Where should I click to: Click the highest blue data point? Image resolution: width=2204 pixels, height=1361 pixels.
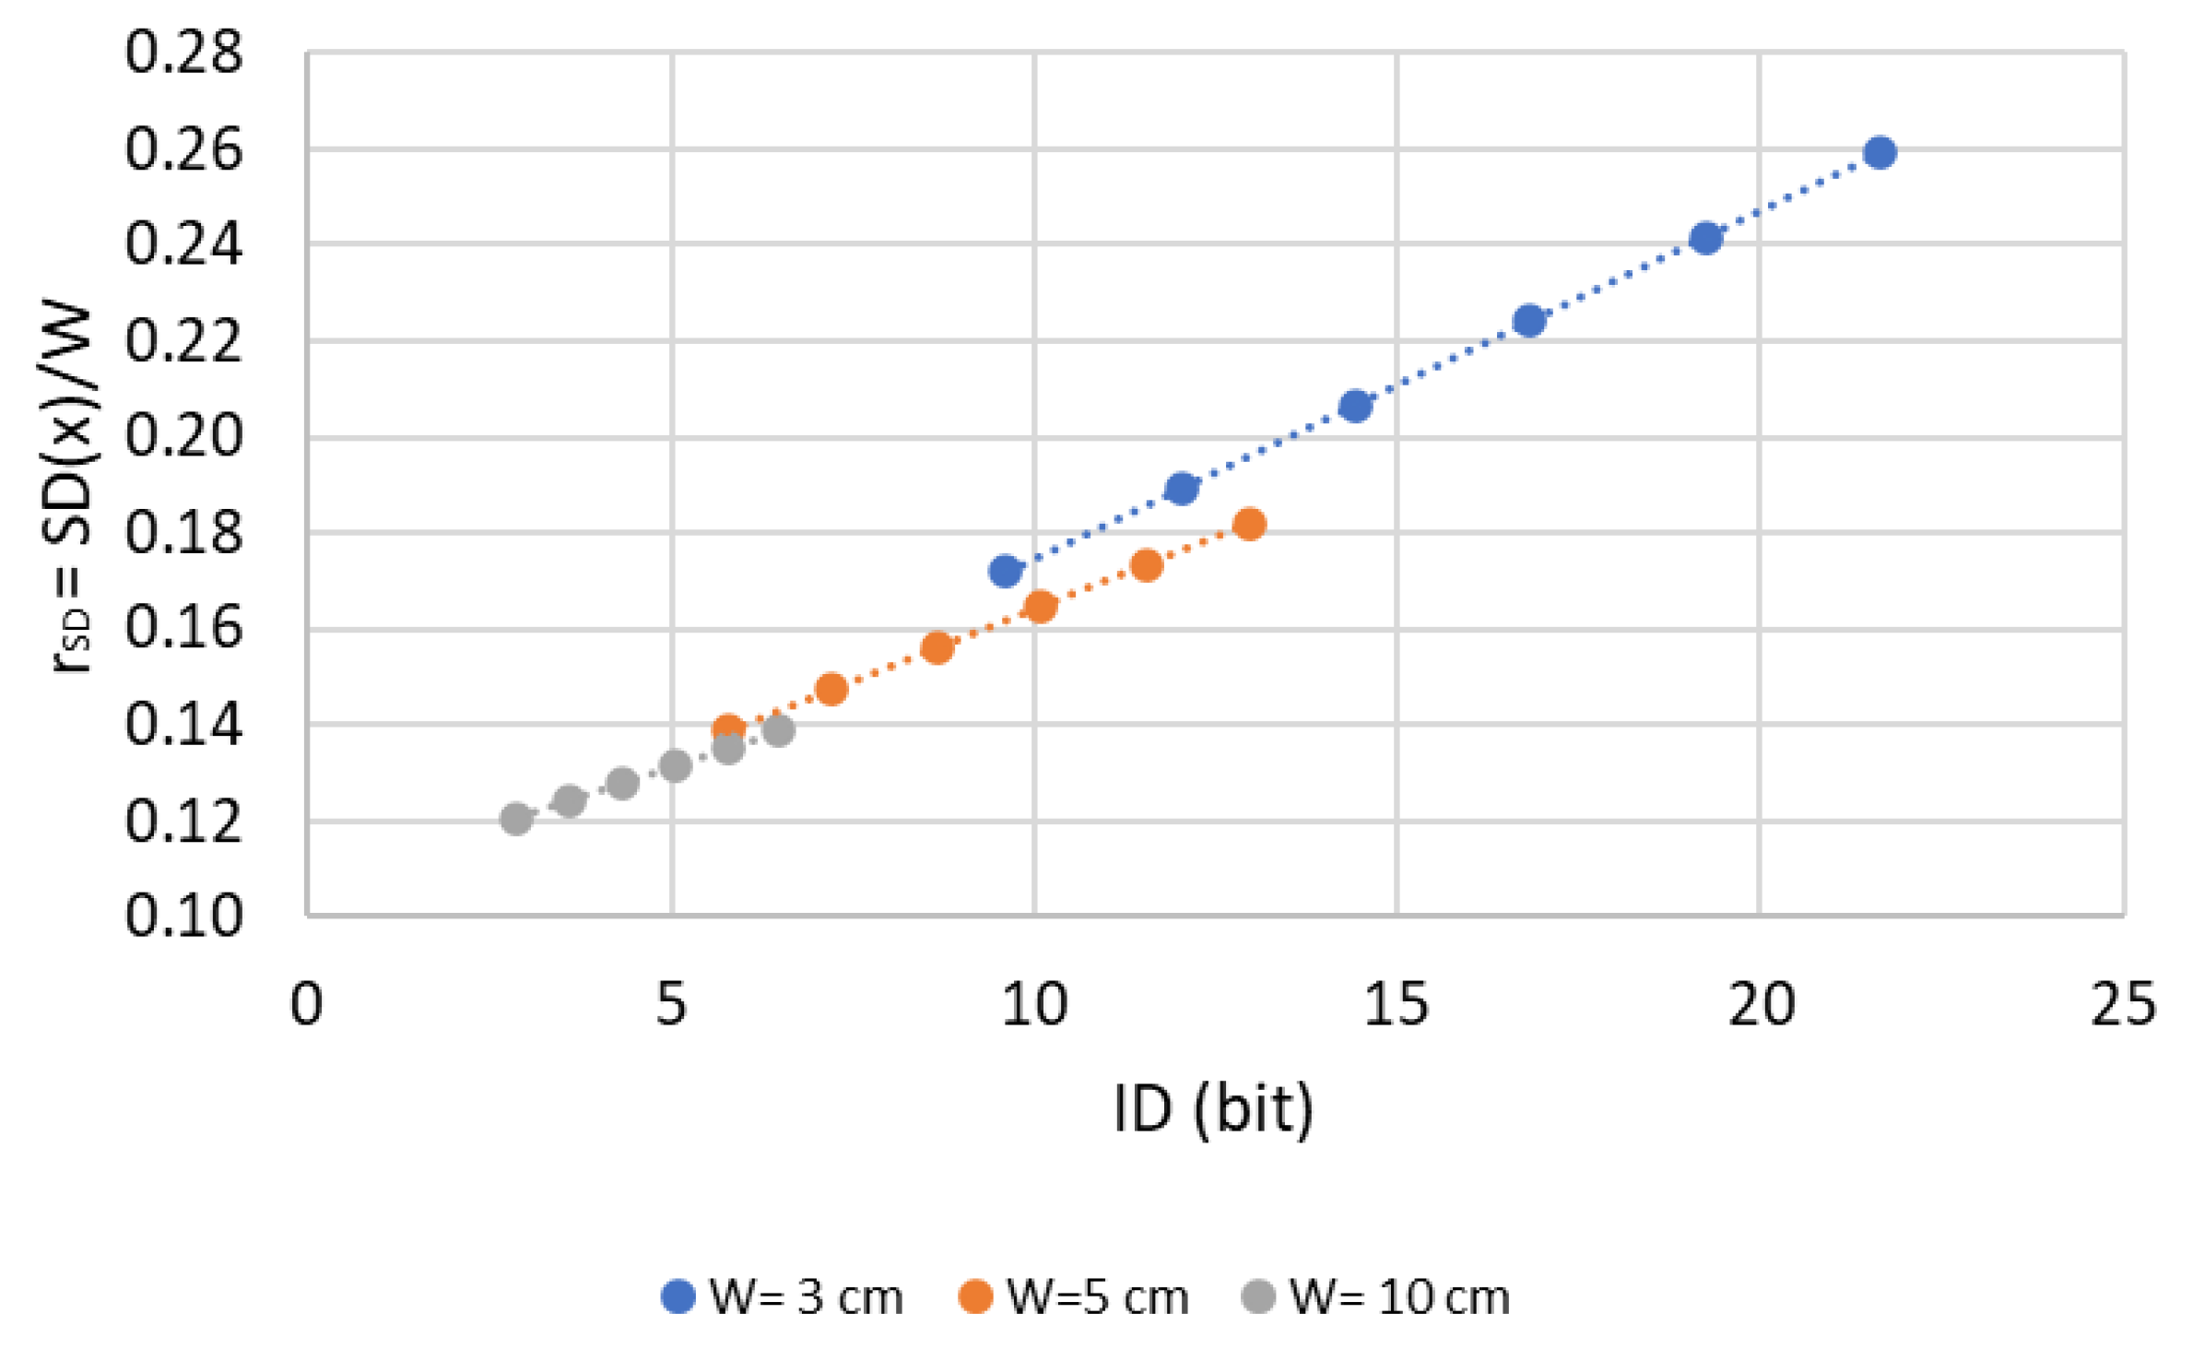(x=1880, y=152)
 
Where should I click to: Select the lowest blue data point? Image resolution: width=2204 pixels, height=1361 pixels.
(x=1005, y=572)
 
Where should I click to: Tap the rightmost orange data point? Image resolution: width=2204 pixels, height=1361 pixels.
(x=1249, y=524)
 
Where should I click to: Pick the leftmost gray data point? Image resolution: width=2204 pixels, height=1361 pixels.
(x=516, y=818)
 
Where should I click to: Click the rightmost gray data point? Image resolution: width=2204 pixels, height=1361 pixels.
(x=778, y=730)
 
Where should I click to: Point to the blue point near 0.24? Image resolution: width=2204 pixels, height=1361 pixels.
(x=1705, y=238)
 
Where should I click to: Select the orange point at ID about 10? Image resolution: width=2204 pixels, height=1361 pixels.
(x=1040, y=607)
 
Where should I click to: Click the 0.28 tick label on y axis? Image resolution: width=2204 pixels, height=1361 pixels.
(x=183, y=52)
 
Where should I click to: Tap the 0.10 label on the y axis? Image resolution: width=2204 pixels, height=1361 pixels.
(x=183, y=916)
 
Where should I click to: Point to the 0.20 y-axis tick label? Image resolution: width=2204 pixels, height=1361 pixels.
(x=183, y=435)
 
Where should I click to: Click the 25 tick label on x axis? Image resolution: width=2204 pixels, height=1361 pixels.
(x=2123, y=1004)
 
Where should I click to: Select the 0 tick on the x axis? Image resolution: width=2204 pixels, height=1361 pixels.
(x=306, y=1004)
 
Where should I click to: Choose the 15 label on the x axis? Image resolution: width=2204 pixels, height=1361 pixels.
(x=1396, y=1004)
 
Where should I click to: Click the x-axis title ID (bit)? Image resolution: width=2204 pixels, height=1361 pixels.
(x=1212, y=1109)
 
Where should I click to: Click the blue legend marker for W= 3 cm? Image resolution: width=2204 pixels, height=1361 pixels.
(x=678, y=1296)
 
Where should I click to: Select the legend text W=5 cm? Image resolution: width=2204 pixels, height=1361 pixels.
(x=1097, y=1297)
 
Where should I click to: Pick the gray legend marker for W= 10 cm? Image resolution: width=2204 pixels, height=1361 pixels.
(x=1258, y=1296)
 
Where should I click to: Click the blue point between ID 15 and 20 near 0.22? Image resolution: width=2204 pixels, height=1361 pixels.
(x=1529, y=321)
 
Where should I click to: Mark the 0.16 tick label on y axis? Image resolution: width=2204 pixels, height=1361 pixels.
(x=183, y=628)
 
